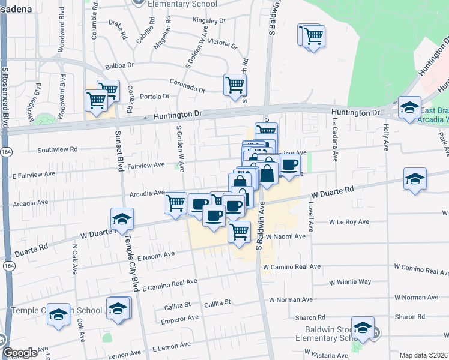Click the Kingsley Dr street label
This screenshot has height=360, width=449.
[x=209, y=20]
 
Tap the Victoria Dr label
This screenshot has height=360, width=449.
[x=221, y=43]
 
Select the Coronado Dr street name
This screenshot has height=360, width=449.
[x=187, y=86]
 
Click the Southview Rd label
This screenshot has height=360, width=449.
[x=58, y=149]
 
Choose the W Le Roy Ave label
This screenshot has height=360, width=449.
[x=349, y=222]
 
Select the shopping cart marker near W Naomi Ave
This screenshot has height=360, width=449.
[x=239, y=231]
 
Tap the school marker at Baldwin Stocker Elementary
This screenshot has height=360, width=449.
[x=363, y=328]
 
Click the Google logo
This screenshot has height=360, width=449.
[x=19, y=353]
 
